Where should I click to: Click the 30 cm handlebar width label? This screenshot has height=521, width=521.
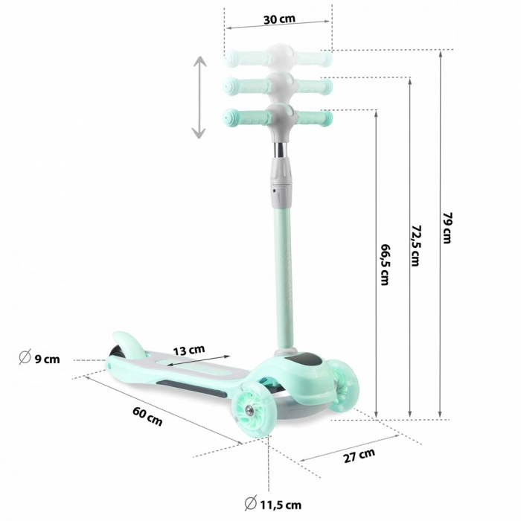[279, 19]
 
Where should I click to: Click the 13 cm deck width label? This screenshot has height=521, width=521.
[189, 349]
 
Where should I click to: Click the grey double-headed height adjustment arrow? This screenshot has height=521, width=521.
[199, 97]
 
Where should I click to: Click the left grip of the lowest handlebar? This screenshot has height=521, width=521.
[240, 117]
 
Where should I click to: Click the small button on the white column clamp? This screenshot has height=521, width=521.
[275, 191]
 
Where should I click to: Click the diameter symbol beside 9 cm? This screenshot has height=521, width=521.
[24, 359]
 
